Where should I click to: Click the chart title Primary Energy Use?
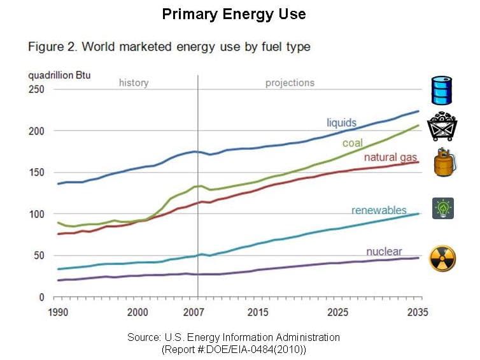(233, 14)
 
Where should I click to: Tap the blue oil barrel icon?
(442, 90)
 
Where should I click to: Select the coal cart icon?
(443, 126)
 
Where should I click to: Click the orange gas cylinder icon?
(442, 162)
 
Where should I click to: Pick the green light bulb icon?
(442, 208)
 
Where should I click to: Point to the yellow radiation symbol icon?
(442, 258)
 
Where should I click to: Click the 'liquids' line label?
(341, 122)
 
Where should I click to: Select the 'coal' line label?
(352, 143)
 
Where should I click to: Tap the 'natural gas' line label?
(390, 157)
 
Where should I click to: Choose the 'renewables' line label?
(379, 210)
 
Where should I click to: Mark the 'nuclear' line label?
(384, 251)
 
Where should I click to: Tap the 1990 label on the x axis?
(58, 312)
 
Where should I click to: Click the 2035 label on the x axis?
(418, 312)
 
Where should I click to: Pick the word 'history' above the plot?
(134, 83)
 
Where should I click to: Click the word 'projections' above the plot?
(290, 83)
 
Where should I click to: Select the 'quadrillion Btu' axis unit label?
(59, 75)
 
